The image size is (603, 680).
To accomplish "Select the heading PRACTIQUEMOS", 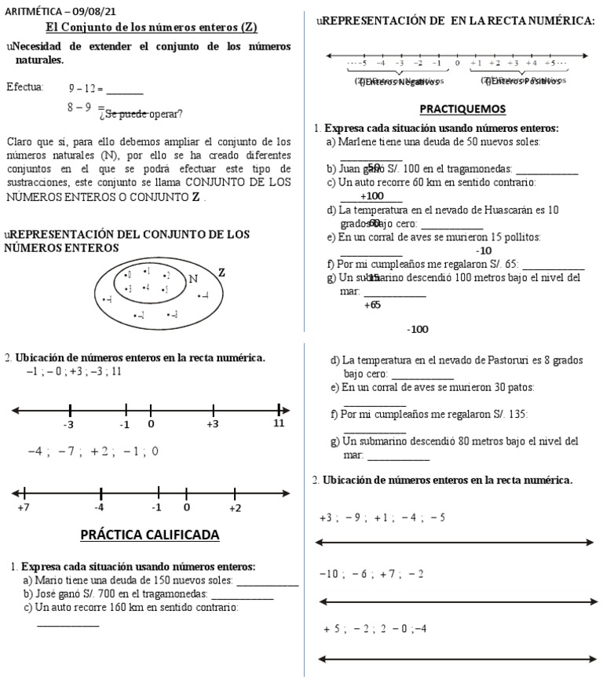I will [x=462, y=109].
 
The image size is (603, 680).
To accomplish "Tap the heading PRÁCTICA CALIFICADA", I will [x=150, y=536].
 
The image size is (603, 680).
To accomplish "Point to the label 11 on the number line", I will [x=279, y=423].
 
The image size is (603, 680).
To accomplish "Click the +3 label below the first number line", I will [x=213, y=423].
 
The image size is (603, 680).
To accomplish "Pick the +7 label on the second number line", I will [x=23, y=508].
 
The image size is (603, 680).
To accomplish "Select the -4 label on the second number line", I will [x=100, y=508].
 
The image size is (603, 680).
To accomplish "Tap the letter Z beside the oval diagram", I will [x=221, y=272].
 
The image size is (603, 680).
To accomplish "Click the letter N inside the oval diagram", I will [x=193, y=279].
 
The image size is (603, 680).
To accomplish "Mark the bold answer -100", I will [x=418, y=329].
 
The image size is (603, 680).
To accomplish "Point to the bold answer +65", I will [x=372, y=305].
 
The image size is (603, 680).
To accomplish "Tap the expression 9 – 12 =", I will [x=86, y=89].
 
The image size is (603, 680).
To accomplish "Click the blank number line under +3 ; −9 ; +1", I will [x=455, y=542].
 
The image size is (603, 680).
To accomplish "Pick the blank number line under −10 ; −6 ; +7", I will [x=455, y=601].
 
